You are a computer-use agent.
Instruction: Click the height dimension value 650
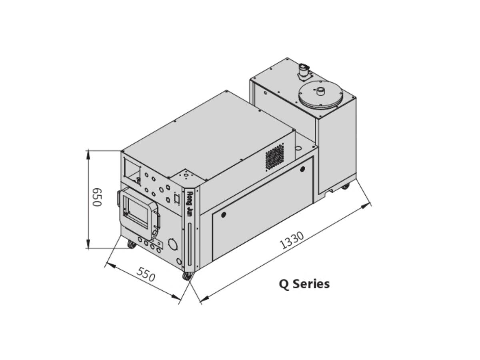click(x=96, y=197)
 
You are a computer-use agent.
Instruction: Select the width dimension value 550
click(x=146, y=274)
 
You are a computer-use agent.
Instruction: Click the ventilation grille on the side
click(x=275, y=157)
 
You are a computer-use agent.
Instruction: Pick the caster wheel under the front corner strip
click(x=187, y=276)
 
